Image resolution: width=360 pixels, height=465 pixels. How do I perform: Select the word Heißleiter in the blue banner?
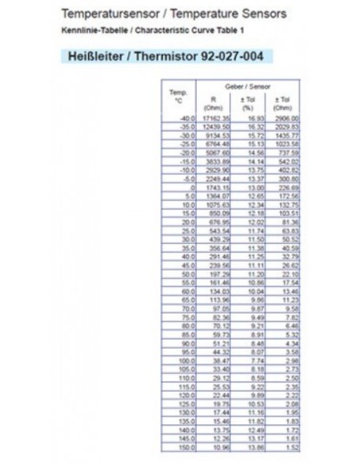96,57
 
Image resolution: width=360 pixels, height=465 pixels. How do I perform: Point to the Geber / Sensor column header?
247,85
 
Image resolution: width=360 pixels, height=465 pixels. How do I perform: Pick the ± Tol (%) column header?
248,103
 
